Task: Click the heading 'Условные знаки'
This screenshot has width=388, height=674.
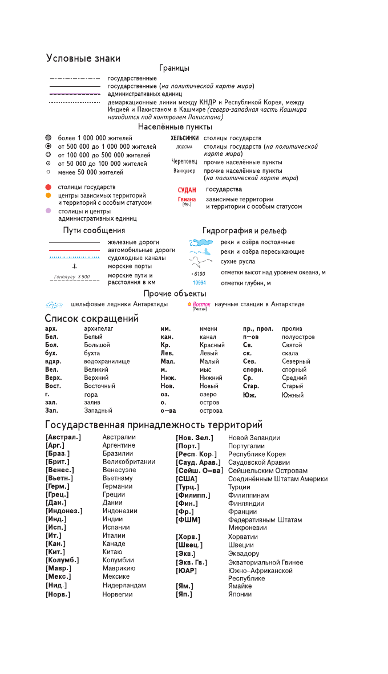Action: click(x=83, y=58)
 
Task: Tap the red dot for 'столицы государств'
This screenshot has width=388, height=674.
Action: click(x=48, y=187)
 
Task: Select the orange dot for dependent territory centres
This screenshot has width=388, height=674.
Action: click(x=48, y=196)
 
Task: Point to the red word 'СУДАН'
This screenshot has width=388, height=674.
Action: click(x=187, y=190)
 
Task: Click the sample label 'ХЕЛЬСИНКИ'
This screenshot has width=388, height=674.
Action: click(x=184, y=139)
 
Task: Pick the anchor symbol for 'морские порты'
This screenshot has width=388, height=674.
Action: click(x=74, y=266)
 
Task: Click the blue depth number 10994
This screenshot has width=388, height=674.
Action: click(x=199, y=283)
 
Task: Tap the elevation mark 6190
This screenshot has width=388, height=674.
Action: click(x=199, y=274)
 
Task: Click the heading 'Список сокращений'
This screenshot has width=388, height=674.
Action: click(x=92, y=319)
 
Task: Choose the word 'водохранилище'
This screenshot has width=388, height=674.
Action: click(x=107, y=362)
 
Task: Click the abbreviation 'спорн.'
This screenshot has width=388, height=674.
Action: click(x=253, y=370)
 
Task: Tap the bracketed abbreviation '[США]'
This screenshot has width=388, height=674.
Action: click(x=187, y=479)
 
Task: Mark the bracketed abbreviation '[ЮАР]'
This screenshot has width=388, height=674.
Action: click(x=187, y=570)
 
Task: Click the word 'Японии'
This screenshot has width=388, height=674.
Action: click(x=240, y=594)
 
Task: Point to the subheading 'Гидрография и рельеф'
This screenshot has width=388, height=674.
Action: click(x=244, y=231)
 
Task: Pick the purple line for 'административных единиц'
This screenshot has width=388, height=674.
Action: click(x=74, y=93)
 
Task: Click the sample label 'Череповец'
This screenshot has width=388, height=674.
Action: click(x=185, y=161)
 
